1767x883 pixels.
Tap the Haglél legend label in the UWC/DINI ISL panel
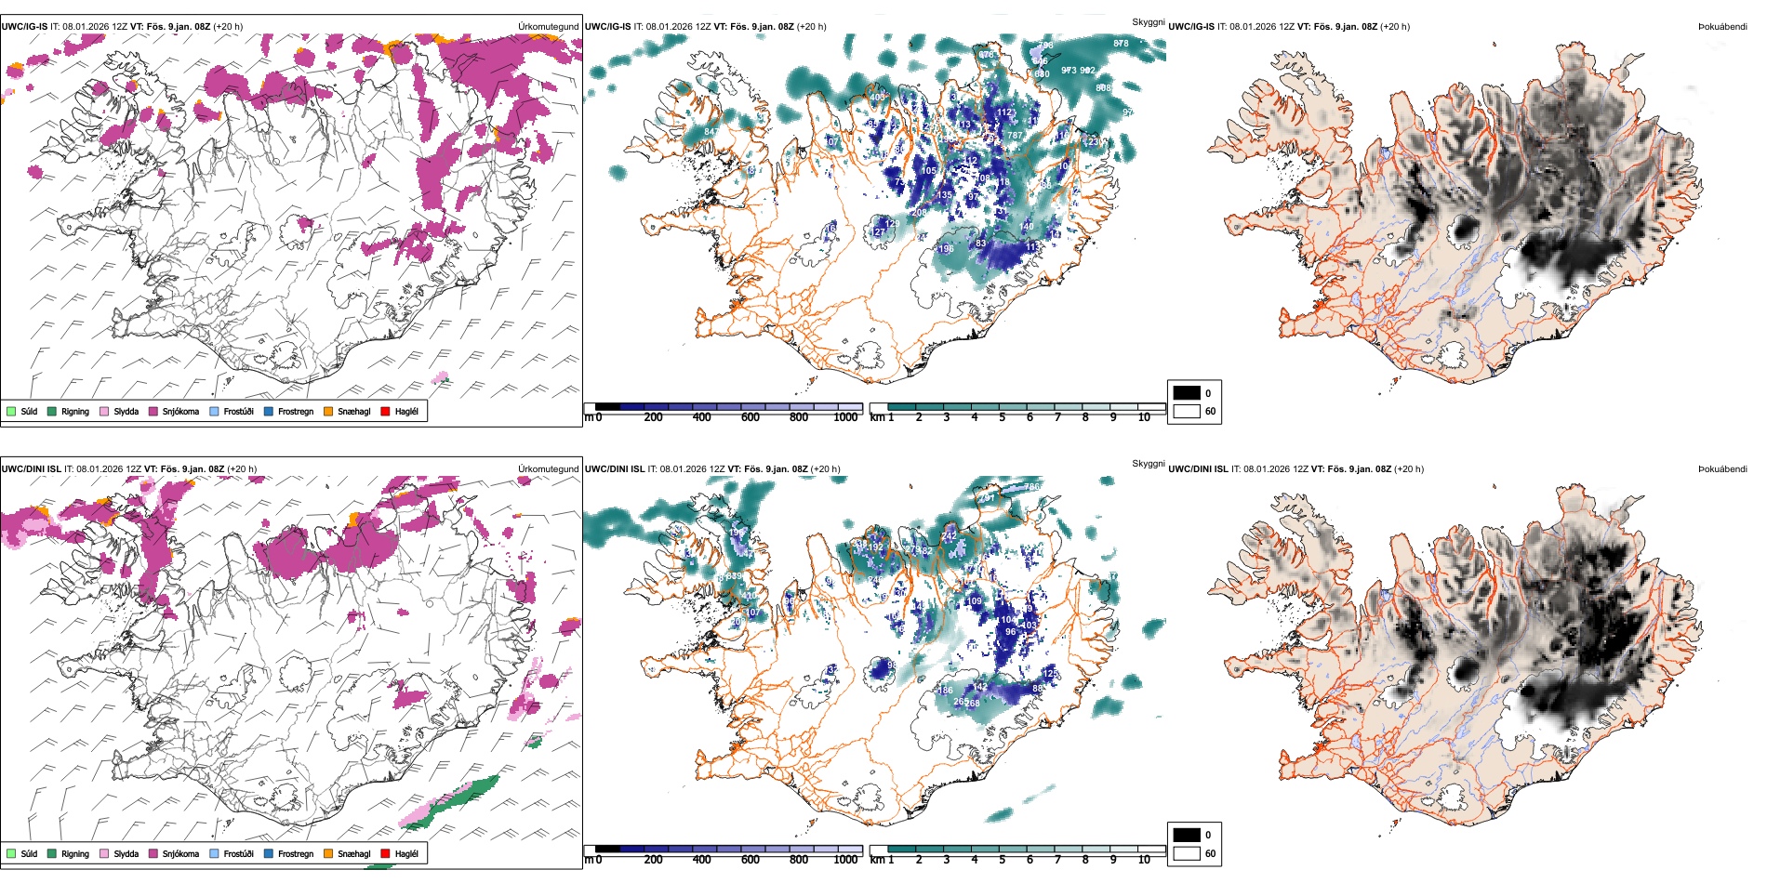pyautogui.click(x=406, y=853)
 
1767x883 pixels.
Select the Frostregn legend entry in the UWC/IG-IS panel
pyautogui.click(x=295, y=411)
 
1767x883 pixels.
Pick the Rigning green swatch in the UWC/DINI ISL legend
pyautogui.click(x=52, y=853)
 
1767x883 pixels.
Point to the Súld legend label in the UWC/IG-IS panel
pyautogui.click(x=29, y=411)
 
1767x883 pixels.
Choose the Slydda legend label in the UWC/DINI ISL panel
pyautogui.click(x=126, y=853)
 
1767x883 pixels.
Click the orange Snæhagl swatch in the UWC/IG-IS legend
pyautogui.click(x=328, y=411)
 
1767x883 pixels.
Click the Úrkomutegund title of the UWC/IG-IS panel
pyautogui.click(x=548, y=26)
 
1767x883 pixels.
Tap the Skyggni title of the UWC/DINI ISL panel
pyautogui.click(x=1148, y=463)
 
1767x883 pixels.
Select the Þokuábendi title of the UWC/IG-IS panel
pyautogui.click(x=1722, y=26)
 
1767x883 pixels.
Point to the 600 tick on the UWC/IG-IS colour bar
pyautogui.click(x=750, y=417)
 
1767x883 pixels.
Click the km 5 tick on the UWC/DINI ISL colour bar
pyautogui.click(x=1002, y=860)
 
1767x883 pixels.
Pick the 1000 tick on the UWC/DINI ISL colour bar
pyautogui.click(x=845, y=860)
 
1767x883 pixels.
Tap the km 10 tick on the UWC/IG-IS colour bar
pyautogui.click(x=1144, y=417)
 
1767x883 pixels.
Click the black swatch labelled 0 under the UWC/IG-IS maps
pyautogui.click(x=1187, y=392)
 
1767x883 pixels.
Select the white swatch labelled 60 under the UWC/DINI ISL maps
pyautogui.click(x=1187, y=852)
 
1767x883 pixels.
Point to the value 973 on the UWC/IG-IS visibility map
pyautogui.click(x=1069, y=71)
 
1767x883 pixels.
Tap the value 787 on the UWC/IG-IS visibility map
pyautogui.click(x=1014, y=136)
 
